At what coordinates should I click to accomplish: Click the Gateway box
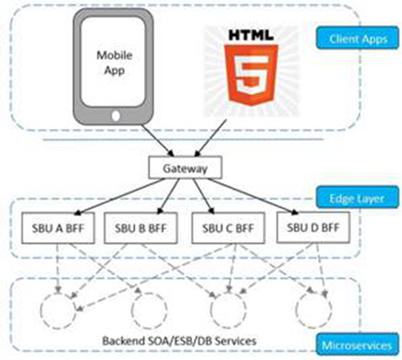[185, 168]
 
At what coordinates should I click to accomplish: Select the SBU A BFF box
[58, 228]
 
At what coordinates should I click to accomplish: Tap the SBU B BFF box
[141, 228]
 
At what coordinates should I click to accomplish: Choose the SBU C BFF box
[228, 228]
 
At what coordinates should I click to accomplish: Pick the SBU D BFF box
[314, 227]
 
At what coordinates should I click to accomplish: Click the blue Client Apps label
[358, 38]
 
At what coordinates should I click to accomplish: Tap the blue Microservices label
[358, 345]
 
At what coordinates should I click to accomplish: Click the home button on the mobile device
[116, 116]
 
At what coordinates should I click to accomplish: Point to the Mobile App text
[114, 63]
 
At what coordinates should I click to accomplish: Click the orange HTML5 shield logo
[251, 75]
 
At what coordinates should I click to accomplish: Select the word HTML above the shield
[251, 35]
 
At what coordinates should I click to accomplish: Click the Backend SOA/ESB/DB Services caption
[179, 341]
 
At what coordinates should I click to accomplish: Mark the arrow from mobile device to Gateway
[158, 141]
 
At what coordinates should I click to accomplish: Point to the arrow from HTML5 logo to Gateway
[211, 138]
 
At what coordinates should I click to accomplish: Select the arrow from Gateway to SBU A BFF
[120, 196]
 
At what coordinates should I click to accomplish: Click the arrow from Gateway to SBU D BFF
[252, 196]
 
